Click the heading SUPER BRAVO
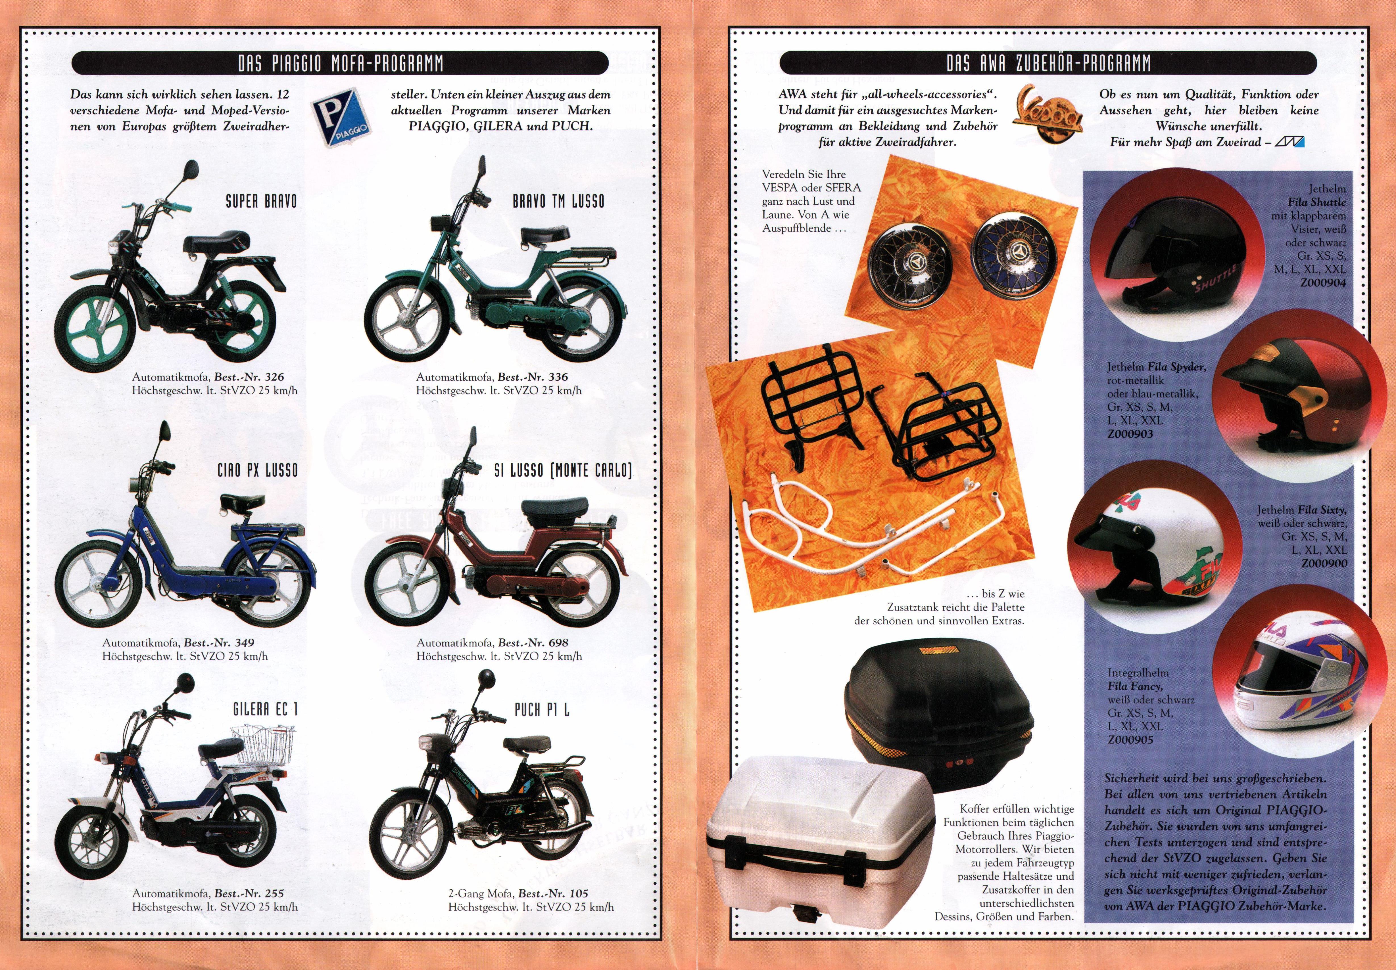[261, 201]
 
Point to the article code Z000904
[1323, 283]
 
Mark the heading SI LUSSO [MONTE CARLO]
[563, 470]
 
